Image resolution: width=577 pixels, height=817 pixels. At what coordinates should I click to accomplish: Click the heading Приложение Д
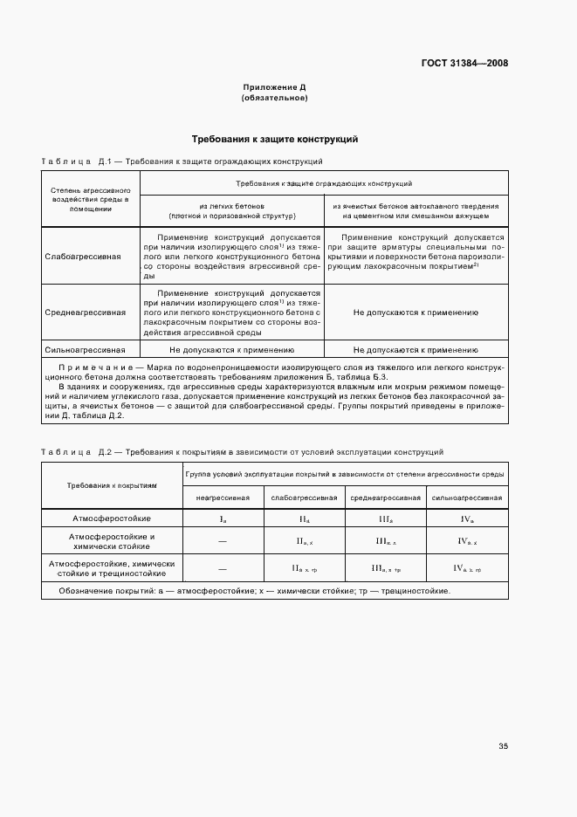[x=274, y=87]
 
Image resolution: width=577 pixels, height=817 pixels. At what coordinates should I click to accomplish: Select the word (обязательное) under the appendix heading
[x=274, y=98]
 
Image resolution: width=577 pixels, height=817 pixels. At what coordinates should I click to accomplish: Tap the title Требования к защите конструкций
[x=274, y=139]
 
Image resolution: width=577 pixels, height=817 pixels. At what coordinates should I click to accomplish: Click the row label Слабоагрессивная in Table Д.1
[x=77, y=257]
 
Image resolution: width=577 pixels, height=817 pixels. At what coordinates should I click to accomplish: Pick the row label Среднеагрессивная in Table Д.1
[x=79, y=312]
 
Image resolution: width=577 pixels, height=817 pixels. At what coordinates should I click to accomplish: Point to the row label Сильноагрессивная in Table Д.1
[x=79, y=350]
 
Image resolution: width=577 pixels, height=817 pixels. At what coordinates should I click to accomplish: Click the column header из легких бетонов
[x=231, y=209]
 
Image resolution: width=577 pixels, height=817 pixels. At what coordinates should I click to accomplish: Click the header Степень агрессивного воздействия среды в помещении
[x=90, y=199]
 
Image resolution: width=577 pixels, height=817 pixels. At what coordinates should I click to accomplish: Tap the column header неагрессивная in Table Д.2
[x=222, y=497]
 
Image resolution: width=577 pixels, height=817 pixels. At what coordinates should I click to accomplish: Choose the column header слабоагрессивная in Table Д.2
[x=305, y=497]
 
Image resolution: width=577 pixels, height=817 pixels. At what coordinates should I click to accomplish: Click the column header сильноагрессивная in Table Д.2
[x=468, y=497]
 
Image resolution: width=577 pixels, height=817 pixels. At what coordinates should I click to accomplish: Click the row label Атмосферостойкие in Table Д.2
[x=111, y=518]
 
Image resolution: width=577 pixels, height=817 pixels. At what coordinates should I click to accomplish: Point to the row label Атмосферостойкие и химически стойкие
[x=111, y=540]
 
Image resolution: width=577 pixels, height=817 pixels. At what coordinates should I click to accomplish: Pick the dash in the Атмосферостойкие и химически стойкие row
[x=222, y=541]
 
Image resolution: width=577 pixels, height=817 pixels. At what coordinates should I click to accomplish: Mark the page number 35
[x=503, y=746]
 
